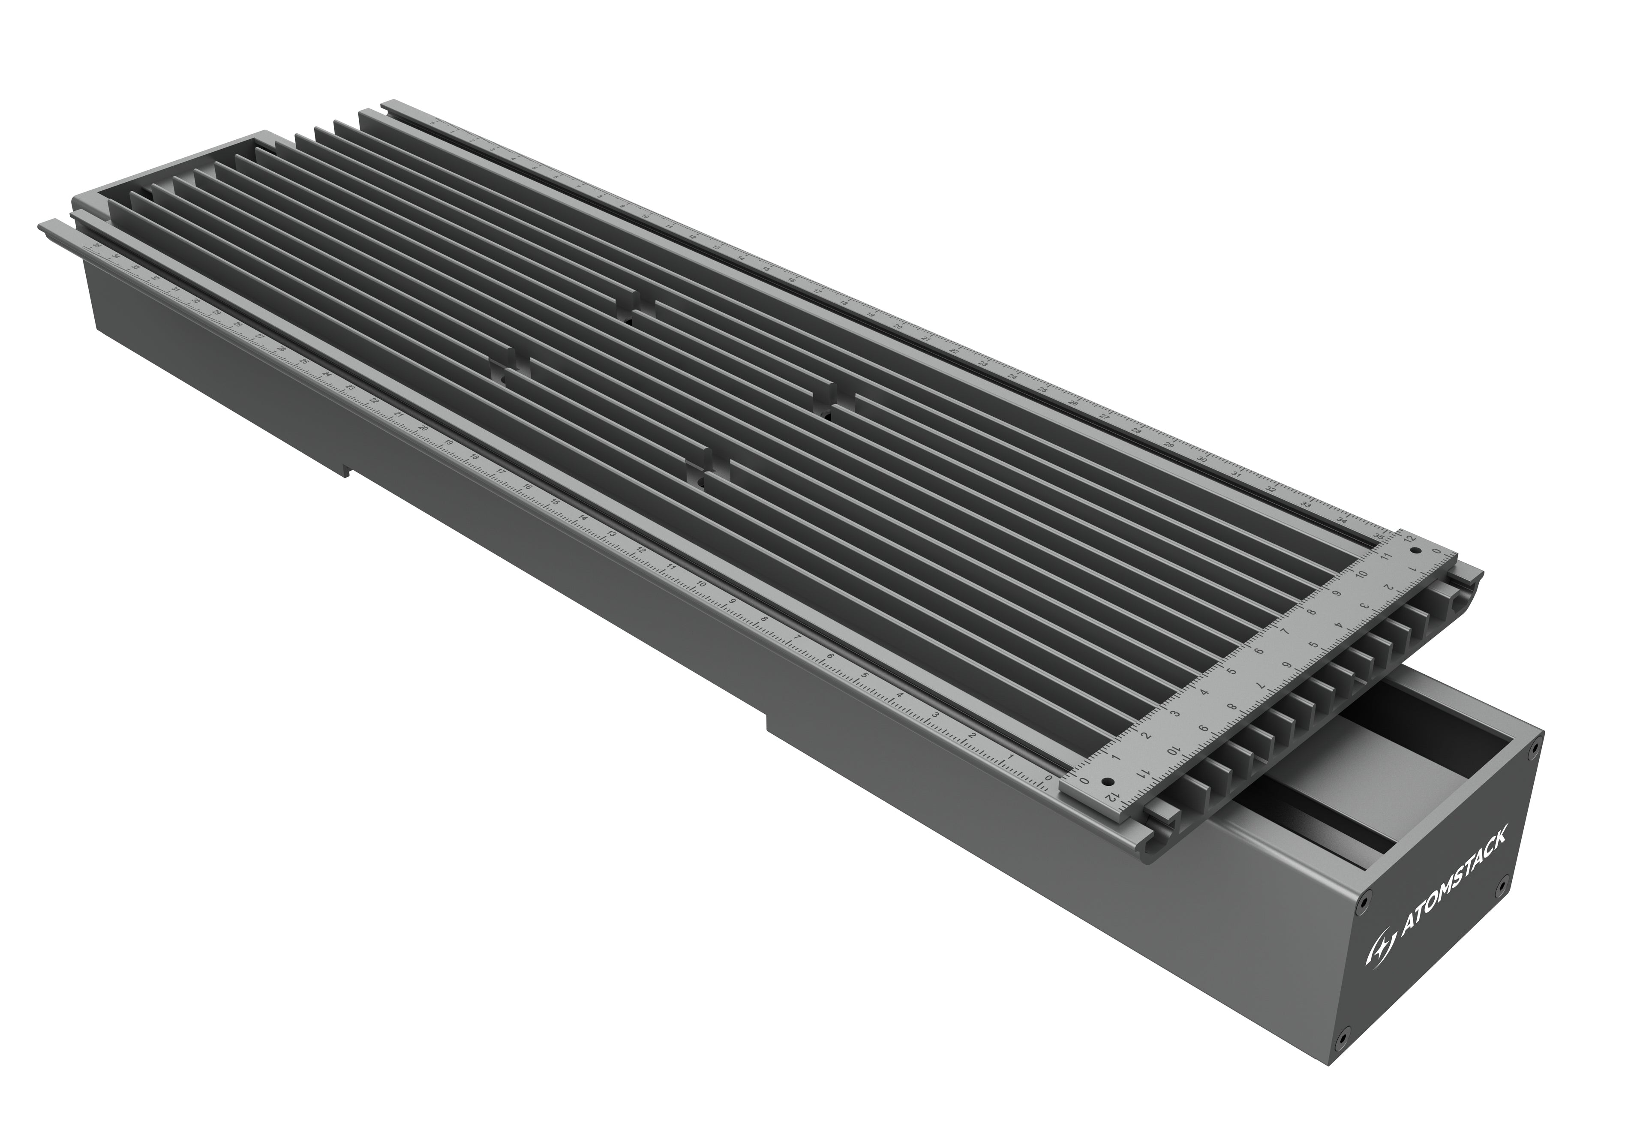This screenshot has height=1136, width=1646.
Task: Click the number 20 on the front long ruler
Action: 423,429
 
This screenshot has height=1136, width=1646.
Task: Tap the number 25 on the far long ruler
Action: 1042,390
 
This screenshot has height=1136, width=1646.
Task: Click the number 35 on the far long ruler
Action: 1379,535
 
